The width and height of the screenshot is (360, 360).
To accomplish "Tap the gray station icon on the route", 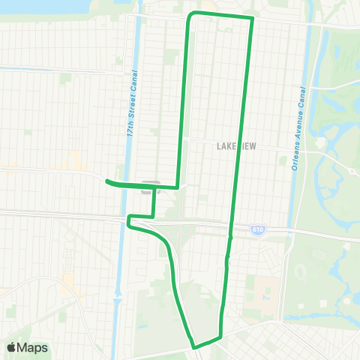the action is [149, 188].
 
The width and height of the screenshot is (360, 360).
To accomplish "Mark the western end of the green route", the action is [106, 181].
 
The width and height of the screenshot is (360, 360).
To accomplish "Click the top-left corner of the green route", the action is [190, 16].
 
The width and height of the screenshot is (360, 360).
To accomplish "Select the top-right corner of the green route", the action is [251, 19].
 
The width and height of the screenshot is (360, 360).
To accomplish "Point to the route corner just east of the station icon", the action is [176, 186].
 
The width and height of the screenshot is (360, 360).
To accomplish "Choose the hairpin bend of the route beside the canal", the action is [130, 220].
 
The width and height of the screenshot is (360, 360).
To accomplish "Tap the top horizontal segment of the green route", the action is [221, 15].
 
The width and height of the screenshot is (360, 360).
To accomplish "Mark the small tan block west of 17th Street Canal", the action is [75, 160].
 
